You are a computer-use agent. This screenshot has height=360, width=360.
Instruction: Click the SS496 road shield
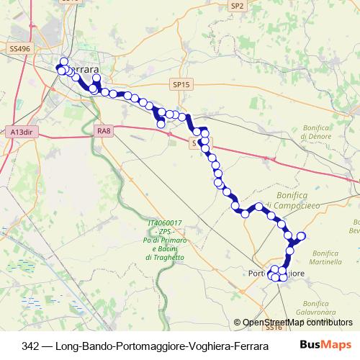click(x=20, y=48)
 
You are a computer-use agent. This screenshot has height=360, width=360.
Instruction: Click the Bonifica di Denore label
click(x=315, y=132)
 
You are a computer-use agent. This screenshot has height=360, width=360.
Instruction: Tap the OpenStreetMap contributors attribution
click(x=296, y=323)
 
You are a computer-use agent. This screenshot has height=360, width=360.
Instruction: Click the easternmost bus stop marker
click(x=302, y=236)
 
